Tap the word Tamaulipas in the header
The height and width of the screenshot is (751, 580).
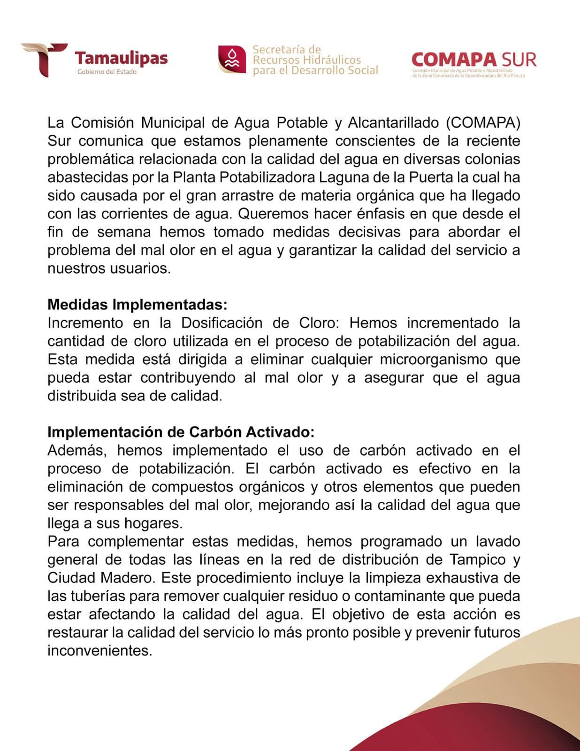(x=121, y=58)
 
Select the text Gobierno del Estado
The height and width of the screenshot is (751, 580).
(x=107, y=72)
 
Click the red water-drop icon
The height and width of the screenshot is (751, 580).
(x=232, y=59)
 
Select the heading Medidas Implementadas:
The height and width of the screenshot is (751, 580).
(x=137, y=305)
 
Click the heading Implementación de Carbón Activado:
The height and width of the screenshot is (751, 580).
(x=181, y=432)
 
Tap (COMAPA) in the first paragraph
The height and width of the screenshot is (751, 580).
(x=483, y=123)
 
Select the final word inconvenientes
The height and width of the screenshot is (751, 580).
(x=99, y=651)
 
